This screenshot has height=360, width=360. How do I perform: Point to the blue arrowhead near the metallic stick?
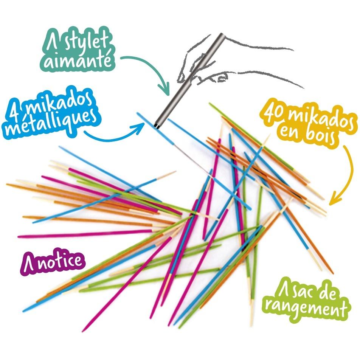140,126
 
